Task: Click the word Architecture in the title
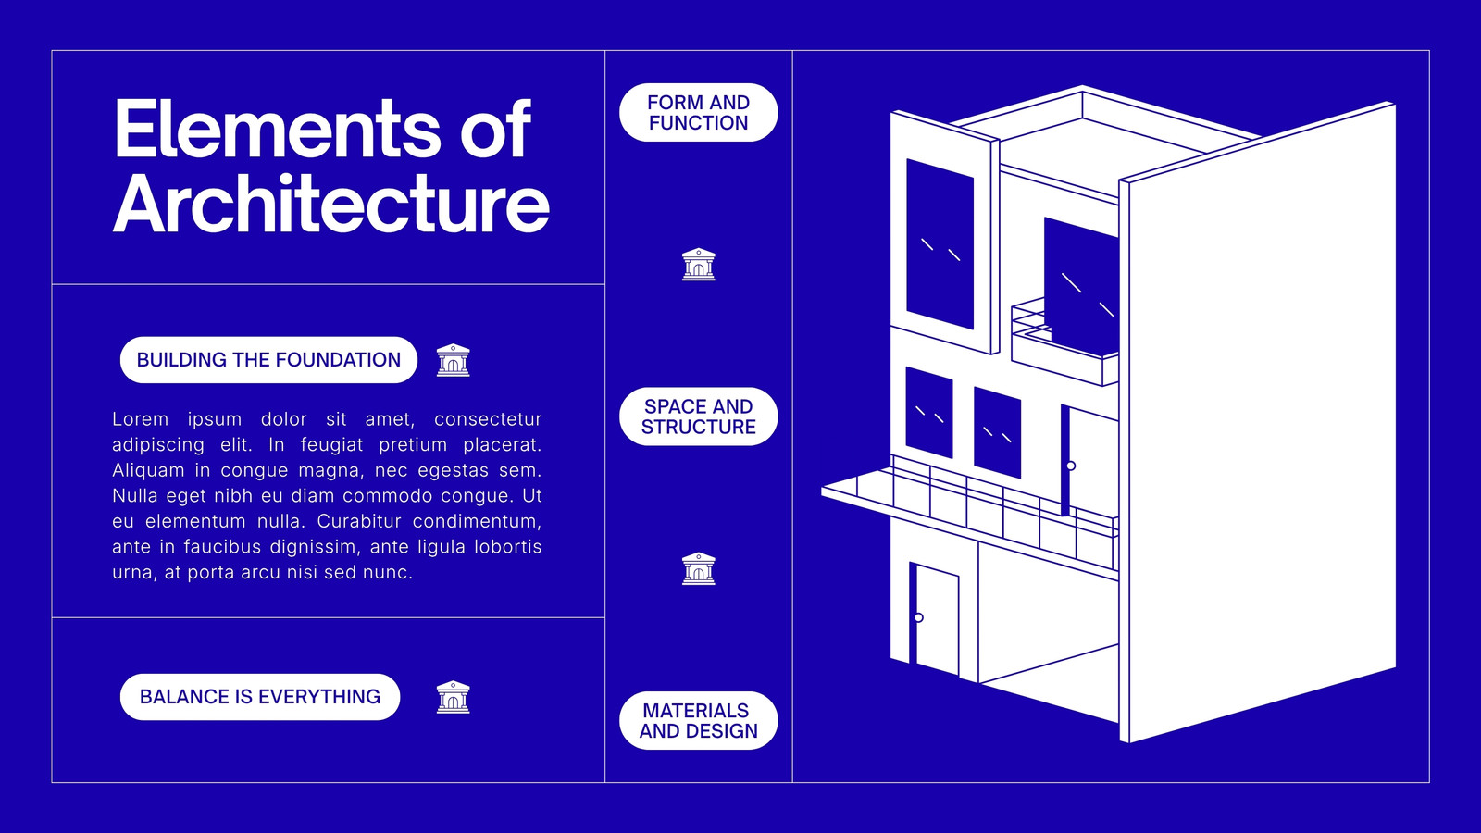point(331,203)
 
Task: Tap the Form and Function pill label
point(698,112)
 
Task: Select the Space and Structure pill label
point(698,416)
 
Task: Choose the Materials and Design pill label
point(698,721)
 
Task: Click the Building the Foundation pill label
point(268,360)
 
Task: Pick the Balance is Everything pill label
point(260,697)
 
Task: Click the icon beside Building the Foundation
point(453,360)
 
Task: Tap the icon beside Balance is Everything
point(453,698)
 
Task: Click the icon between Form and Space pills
point(698,265)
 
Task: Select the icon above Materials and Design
point(698,568)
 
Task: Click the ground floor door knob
point(918,617)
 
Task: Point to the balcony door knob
point(1070,466)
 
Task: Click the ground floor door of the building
point(934,619)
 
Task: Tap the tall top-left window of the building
point(940,244)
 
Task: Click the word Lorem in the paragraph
point(140,419)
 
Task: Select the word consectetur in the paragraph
point(488,419)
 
